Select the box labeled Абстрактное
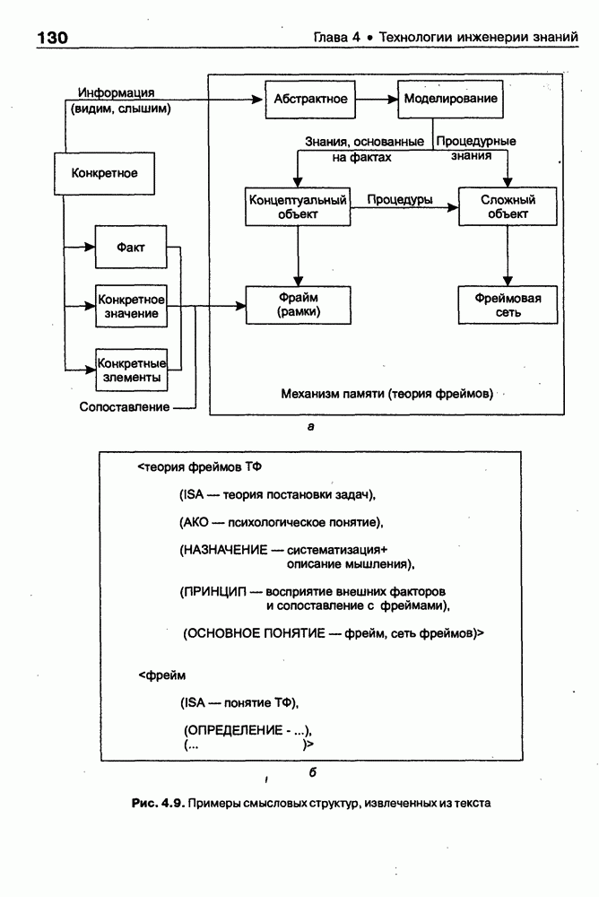305,100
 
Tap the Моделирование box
447,100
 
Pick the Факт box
131,247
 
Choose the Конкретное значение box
130,306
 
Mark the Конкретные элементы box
131,370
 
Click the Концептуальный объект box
297,206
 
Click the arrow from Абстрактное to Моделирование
372,100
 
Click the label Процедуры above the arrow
400,198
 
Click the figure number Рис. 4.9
158,803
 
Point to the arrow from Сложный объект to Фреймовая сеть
507,256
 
